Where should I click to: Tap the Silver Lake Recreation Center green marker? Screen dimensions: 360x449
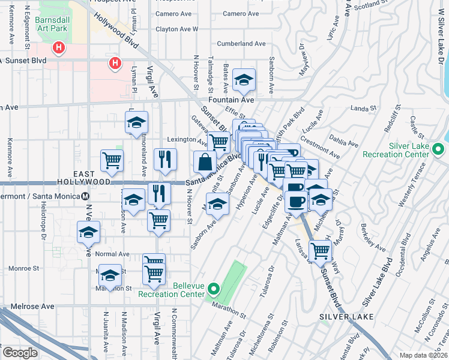(439, 149)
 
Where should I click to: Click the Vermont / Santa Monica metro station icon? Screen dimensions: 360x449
(86, 196)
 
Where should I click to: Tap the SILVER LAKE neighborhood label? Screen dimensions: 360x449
(347, 316)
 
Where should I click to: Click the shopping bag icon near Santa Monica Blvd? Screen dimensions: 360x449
(205, 162)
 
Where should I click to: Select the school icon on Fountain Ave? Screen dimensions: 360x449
(244, 80)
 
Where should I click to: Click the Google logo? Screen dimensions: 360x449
(20, 353)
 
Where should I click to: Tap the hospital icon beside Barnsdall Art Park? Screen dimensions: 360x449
(59, 47)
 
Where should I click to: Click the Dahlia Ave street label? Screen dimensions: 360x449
(345, 141)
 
